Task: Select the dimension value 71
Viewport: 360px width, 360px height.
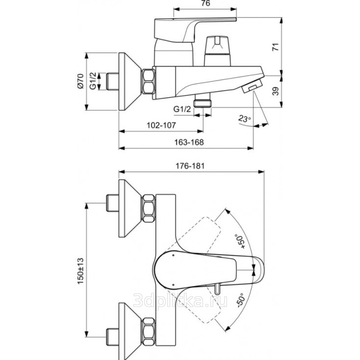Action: pos(276,47)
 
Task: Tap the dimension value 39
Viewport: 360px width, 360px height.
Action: pos(276,90)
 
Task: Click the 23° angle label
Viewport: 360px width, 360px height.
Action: pos(244,119)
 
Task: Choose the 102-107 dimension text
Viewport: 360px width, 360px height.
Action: pos(162,125)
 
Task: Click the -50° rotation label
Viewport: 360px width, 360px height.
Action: pos(240,300)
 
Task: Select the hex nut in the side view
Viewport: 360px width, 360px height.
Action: pos(148,81)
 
